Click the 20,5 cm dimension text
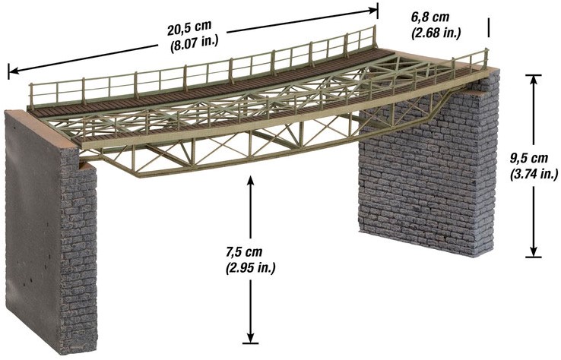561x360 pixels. (189, 28)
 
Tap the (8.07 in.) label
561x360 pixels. (194, 43)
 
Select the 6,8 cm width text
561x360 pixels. (430, 17)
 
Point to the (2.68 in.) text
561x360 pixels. (436, 33)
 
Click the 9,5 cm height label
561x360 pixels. (529, 159)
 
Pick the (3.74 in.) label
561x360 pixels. (534, 174)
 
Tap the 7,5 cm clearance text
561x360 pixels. (244, 252)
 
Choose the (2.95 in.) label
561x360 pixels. (250, 267)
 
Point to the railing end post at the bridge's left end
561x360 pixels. (30, 95)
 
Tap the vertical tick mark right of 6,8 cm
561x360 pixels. (488, 27)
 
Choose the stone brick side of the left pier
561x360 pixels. (79, 250)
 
